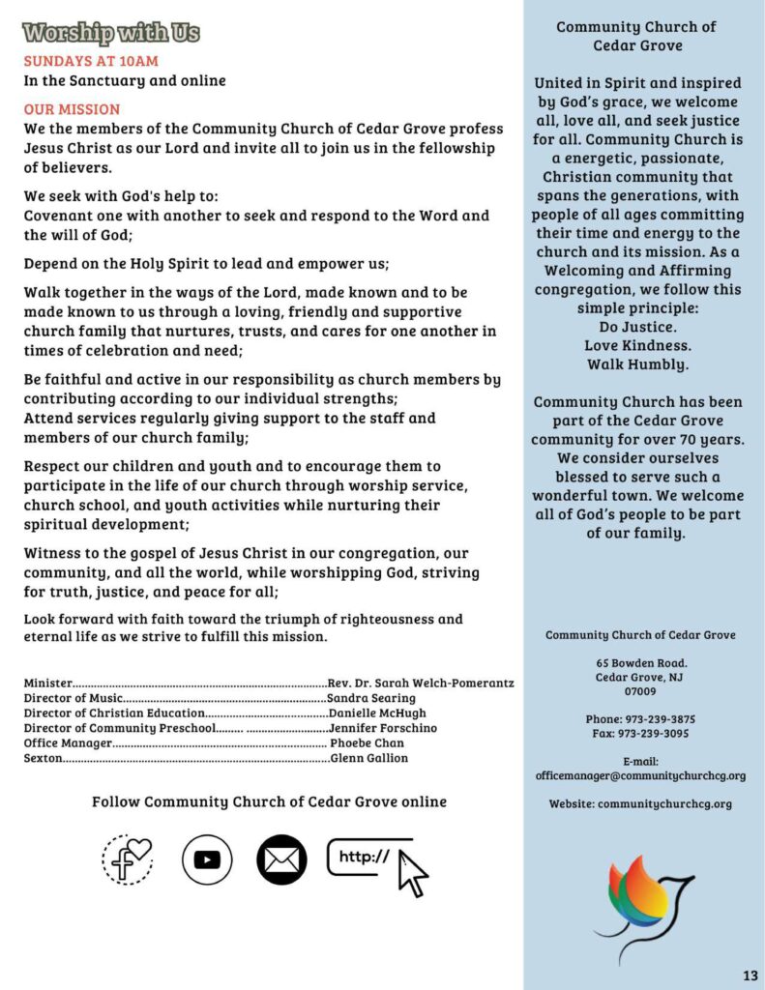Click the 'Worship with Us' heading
click(x=111, y=33)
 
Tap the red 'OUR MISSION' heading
click(x=72, y=109)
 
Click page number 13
click(x=750, y=974)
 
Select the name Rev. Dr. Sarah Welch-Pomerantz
click(x=421, y=684)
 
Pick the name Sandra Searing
click(x=371, y=698)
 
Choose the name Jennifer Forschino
click(x=383, y=727)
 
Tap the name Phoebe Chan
click(x=368, y=742)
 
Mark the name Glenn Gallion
click(x=369, y=758)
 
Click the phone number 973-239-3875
click(x=657, y=719)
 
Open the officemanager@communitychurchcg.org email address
click(x=640, y=775)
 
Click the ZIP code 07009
click(x=640, y=691)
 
